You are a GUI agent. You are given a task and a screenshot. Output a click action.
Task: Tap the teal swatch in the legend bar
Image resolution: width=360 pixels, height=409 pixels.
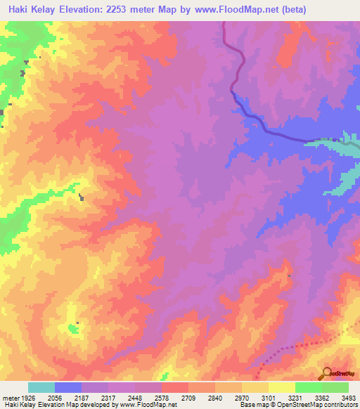click(41, 387)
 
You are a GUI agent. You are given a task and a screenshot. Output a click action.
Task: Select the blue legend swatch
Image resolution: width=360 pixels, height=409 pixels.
click(68, 387)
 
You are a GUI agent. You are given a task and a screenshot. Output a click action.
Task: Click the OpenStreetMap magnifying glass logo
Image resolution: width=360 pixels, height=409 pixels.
click(326, 372)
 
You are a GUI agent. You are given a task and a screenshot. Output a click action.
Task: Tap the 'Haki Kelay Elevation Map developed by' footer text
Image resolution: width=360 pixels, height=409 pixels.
click(59, 405)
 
